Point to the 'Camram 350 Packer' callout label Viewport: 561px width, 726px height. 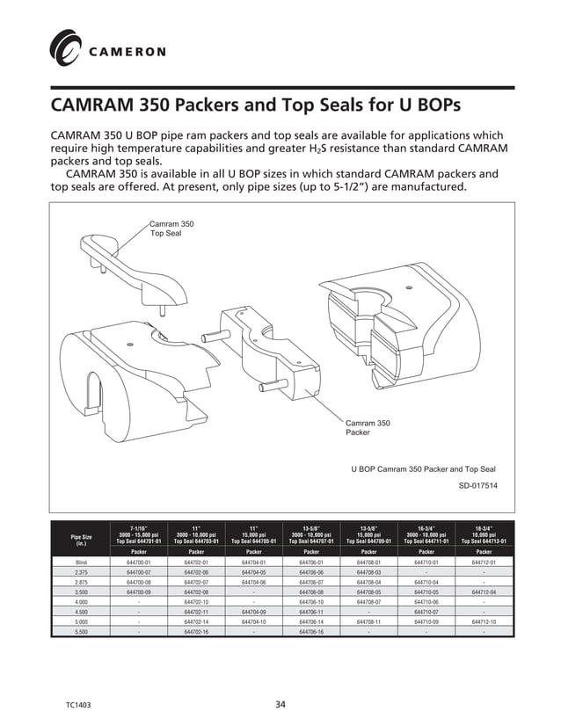368,427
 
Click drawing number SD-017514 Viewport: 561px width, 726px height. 477,485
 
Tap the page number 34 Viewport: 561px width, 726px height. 280,704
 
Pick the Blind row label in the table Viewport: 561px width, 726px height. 81,562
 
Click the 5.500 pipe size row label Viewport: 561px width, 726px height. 81,630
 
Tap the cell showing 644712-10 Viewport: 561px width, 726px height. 484,621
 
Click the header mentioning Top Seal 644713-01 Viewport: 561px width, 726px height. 484,534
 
